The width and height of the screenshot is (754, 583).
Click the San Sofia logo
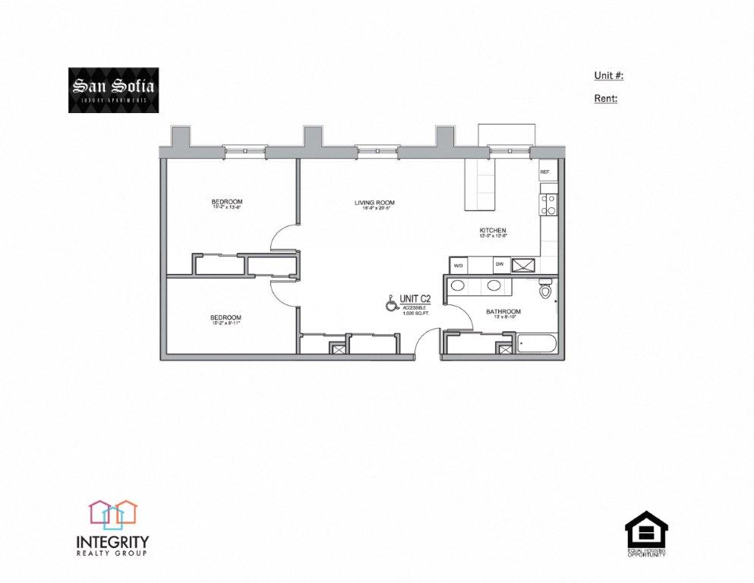point(113,90)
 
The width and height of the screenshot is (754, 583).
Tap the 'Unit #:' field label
point(608,76)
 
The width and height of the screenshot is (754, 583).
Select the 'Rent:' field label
point(605,99)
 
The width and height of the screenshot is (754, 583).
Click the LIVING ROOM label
point(374,203)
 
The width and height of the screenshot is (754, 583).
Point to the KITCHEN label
point(492,231)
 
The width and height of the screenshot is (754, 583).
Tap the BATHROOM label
point(503,312)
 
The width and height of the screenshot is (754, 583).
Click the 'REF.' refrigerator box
point(545,172)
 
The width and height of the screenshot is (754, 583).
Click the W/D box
point(458,266)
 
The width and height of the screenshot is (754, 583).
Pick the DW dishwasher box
point(499,265)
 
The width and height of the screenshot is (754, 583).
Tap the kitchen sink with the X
point(523,265)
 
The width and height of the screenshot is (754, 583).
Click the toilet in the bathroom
point(544,291)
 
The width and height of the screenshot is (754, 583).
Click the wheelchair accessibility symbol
point(391,304)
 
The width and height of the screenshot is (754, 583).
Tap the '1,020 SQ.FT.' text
point(415,313)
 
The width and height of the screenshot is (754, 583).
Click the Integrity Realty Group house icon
point(112,514)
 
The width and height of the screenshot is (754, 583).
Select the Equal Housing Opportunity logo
point(646,534)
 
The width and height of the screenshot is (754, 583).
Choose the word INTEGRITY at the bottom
point(112,542)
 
